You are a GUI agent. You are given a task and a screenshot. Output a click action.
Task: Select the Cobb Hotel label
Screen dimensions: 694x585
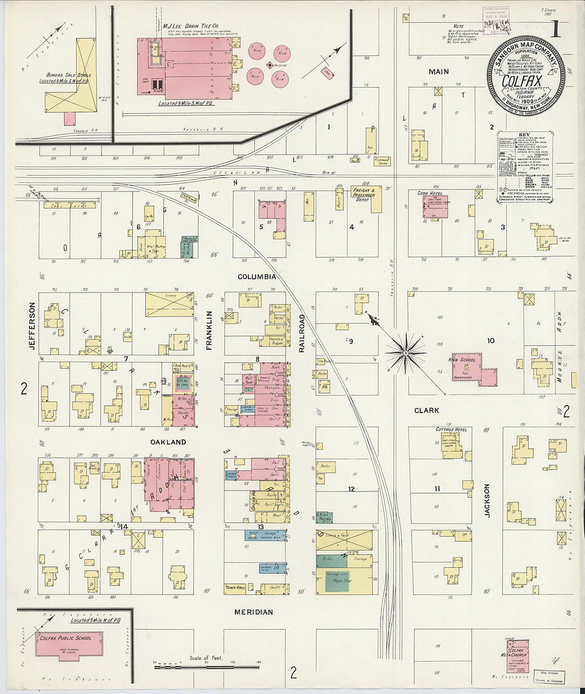[x=430, y=193]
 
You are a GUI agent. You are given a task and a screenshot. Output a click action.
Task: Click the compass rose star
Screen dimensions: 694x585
[x=406, y=352]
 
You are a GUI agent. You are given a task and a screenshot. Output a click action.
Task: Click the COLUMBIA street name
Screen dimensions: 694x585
[x=256, y=277]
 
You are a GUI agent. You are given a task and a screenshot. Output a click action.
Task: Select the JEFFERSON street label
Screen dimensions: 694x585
[x=32, y=325]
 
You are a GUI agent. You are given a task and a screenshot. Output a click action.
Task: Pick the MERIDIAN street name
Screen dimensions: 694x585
[x=254, y=612]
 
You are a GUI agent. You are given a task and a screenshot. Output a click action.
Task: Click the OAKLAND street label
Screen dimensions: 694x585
[x=168, y=442]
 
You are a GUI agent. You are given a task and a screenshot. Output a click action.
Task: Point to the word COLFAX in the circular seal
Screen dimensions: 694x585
[x=522, y=83]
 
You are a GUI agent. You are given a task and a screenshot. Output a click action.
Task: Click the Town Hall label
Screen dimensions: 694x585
[x=235, y=588]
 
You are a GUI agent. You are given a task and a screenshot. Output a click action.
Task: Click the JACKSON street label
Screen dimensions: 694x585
[x=487, y=500]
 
